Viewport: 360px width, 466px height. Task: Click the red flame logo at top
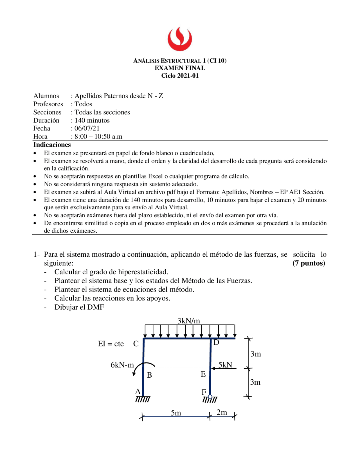tap(180, 39)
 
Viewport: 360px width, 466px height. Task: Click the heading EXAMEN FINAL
tap(180, 68)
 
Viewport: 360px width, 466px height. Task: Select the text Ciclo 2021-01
tap(180, 75)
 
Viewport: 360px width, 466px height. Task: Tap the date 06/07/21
tap(87, 128)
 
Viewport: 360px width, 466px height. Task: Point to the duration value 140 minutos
tap(92, 120)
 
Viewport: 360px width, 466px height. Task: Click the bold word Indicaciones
tap(52, 145)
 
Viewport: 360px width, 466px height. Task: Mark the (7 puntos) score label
tap(309, 263)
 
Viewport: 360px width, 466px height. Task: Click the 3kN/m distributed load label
tap(188, 321)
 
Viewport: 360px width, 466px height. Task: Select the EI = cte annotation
tap(111, 344)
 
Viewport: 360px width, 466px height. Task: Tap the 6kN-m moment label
tap(122, 365)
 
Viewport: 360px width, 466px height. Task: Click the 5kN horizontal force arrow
tap(224, 368)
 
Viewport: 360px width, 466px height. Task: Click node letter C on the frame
tap(136, 344)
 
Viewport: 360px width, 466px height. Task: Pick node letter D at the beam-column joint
tap(216, 342)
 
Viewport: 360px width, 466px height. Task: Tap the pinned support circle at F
tap(210, 397)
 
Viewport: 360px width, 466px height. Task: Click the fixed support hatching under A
tap(143, 399)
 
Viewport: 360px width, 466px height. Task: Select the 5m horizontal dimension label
tap(176, 413)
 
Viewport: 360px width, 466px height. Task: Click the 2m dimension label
tap(222, 412)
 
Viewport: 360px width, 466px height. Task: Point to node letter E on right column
tap(203, 374)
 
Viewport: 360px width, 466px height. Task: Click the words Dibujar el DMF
tap(79, 307)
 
